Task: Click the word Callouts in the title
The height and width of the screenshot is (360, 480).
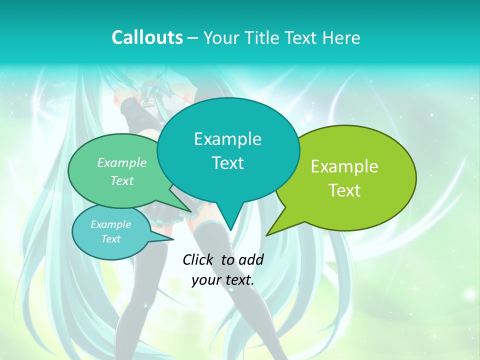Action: (x=147, y=37)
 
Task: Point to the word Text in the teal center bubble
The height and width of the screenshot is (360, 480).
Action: (x=227, y=163)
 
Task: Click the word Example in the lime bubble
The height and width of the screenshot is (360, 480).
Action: (x=344, y=166)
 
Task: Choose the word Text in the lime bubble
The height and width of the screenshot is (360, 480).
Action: (x=344, y=190)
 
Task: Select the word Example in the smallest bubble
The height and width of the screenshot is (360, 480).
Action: (x=110, y=224)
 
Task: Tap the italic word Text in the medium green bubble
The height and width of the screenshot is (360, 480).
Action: (x=122, y=181)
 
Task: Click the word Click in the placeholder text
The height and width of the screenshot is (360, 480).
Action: (x=198, y=259)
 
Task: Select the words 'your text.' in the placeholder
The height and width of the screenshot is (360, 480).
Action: (x=223, y=280)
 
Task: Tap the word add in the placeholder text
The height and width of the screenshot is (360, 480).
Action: (x=251, y=259)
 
